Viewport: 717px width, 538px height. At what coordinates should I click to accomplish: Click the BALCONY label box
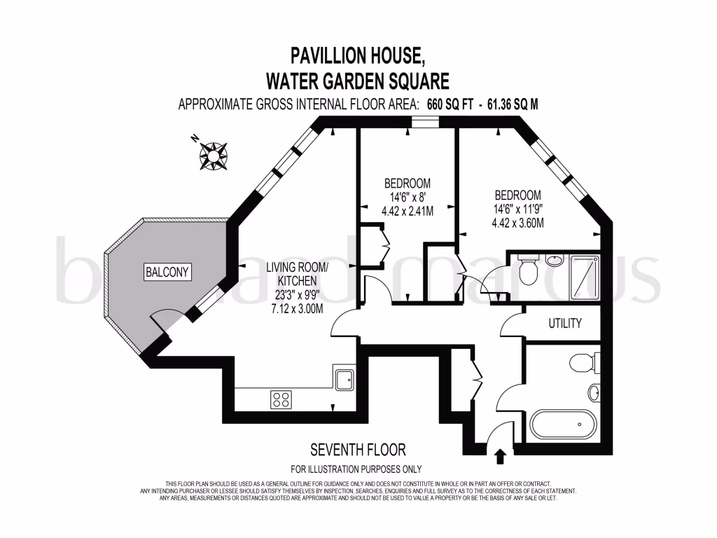coord(167,273)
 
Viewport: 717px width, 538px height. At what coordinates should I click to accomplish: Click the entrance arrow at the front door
coord(500,456)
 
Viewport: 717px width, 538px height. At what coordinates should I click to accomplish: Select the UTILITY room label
coord(566,324)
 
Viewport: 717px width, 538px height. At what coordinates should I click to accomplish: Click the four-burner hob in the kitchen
coord(281,399)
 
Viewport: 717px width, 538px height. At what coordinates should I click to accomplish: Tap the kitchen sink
coord(344,379)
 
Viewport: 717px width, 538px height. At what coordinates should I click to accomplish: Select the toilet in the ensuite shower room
coord(527,269)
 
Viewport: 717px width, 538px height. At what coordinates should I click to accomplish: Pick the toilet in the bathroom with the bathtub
coord(582,363)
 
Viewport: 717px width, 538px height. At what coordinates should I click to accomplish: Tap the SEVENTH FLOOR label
coord(358,450)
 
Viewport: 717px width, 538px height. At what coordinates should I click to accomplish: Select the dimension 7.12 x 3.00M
coord(297,309)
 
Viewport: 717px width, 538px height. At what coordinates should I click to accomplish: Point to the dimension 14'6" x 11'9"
coord(517,209)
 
